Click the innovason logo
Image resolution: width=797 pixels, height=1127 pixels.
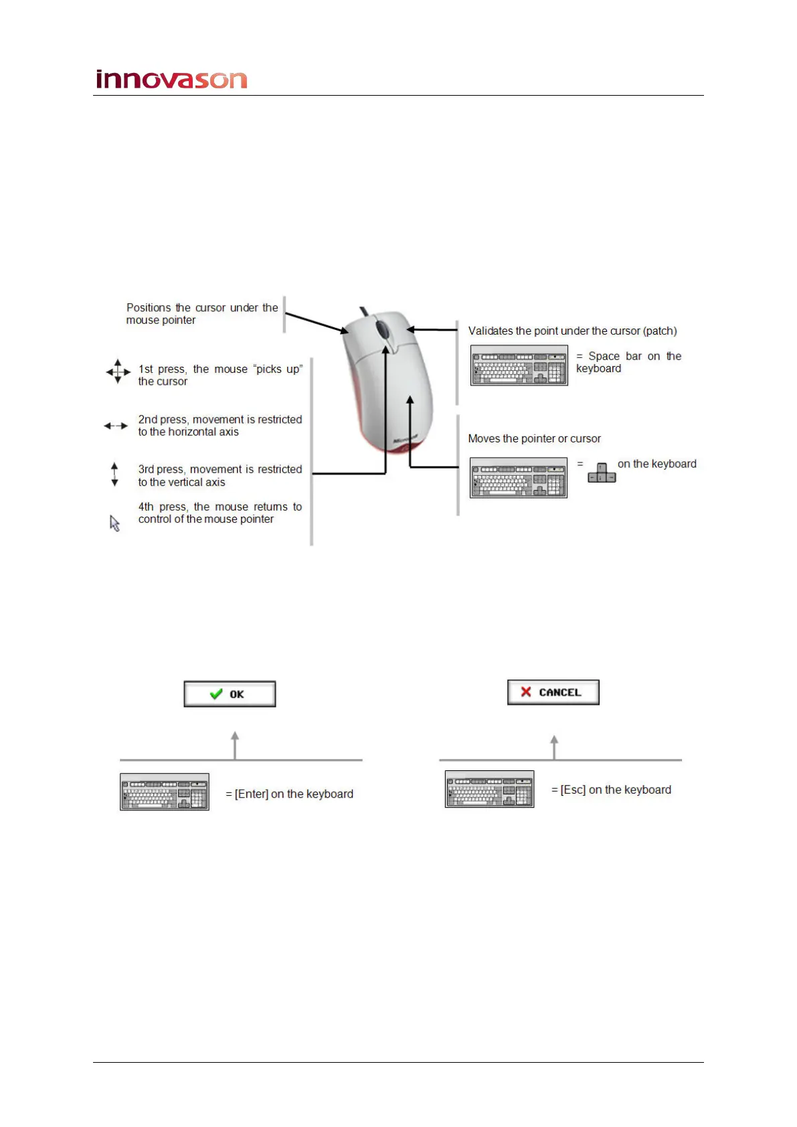tap(172, 80)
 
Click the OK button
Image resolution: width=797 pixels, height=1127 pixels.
tap(230, 694)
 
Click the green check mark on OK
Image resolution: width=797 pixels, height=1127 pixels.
tap(216, 694)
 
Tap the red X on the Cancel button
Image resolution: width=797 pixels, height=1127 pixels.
tap(526, 692)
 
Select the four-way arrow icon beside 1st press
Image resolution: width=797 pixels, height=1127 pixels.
tap(118, 371)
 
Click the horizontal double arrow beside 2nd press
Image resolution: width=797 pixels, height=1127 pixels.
tap(116, 426)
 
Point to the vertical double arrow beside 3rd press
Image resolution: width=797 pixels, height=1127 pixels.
tap(114, 474)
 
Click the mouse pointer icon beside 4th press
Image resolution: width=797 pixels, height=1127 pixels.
tap(115, 523)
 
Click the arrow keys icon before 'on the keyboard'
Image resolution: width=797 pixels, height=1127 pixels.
tap(602, 472)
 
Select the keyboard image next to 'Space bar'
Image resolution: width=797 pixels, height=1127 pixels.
tap(519, 365)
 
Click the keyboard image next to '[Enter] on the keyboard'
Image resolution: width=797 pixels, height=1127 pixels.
tap(165, 792)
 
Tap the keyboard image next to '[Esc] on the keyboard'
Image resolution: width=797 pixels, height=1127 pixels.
tap(490, 789)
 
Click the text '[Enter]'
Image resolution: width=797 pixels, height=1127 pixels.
tap(252, 794)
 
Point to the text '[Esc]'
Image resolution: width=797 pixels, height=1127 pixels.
tap(573, 790)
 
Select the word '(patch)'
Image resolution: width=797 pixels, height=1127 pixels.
tap(660, 331)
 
